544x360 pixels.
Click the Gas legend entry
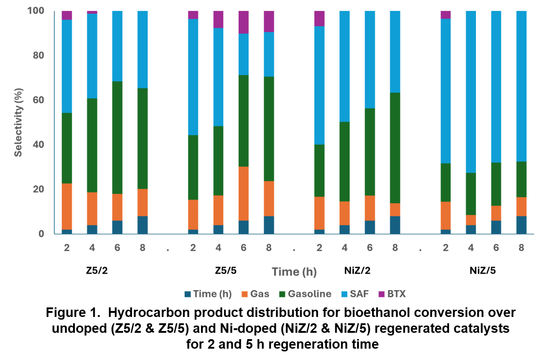[x=260, y=294]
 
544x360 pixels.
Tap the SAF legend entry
[x=359, y=294]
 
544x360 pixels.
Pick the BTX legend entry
[x=397, y=294]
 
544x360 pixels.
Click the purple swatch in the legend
[x=381, y=294]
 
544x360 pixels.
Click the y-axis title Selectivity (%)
[x=18, y=122]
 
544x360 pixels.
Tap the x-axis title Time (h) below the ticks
[x=294, y=272]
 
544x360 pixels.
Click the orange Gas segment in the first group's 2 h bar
[x=67, y=206]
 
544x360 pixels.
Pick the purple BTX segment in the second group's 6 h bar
[x=244, y=22]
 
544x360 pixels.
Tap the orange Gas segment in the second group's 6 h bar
[x=244, y=194]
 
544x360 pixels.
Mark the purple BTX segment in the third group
[x=319, y=19]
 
